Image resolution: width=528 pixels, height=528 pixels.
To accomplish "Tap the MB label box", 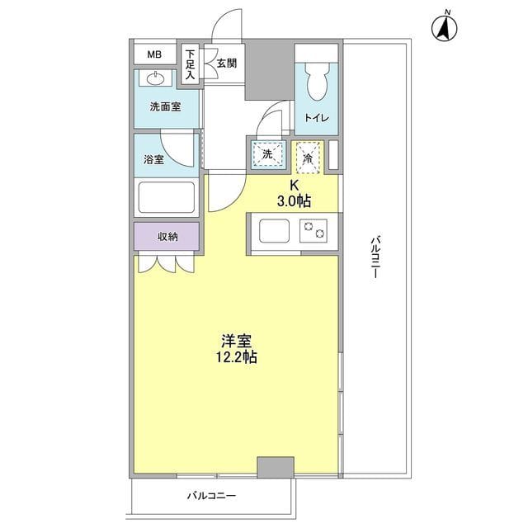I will tap(154, 55).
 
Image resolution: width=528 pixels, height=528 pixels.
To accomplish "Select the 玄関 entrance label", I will tap(226, 61).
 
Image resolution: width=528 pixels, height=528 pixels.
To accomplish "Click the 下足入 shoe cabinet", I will tap(190, 64).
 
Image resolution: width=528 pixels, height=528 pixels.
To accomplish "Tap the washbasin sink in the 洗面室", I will tap(156, 80).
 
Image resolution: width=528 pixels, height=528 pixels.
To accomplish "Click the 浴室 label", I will tap(154, 159).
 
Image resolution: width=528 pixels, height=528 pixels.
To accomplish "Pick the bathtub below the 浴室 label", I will tap(165, 199).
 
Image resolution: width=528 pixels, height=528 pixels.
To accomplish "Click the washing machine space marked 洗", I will tap(266, 154).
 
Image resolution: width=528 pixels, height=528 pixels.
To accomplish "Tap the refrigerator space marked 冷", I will tap(308, 155).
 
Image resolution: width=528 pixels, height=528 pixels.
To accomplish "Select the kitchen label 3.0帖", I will tap(293, 200).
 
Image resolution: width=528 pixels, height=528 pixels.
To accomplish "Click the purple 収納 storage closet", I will tap(167, 237).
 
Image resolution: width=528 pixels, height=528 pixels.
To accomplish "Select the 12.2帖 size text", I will tap(236, 357).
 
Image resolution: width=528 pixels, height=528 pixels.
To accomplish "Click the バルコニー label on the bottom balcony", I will tap(211, 496).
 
